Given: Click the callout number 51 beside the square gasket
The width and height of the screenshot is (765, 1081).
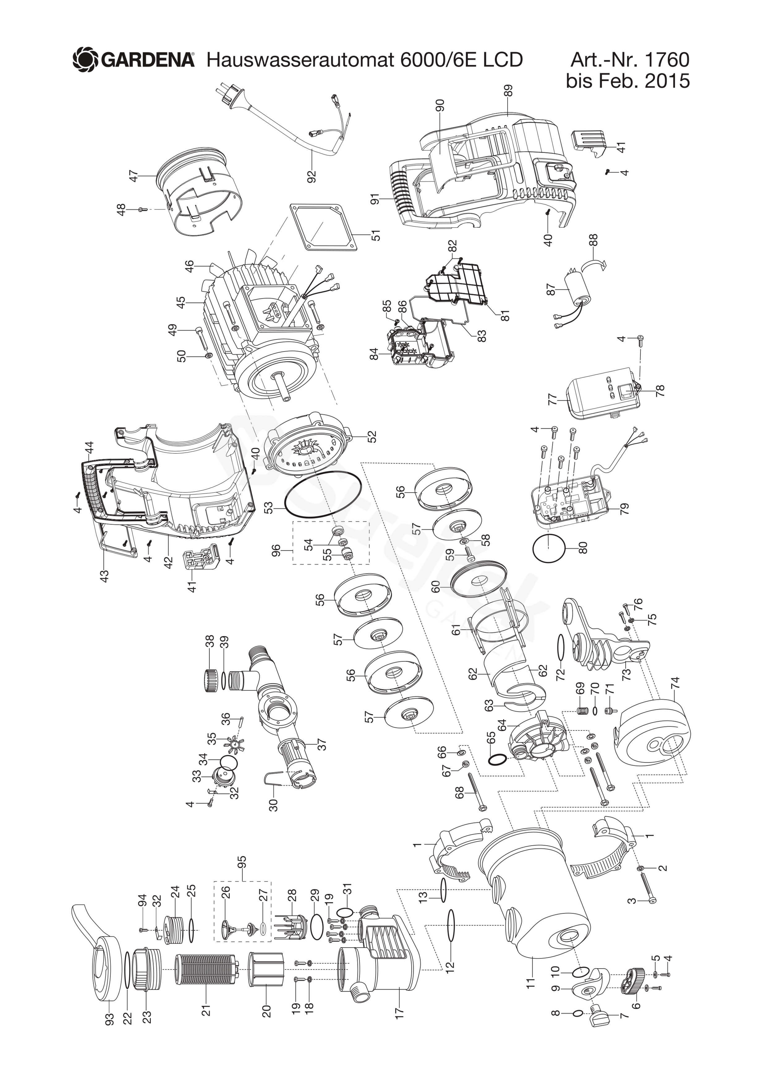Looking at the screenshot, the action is click(x=376, y=234).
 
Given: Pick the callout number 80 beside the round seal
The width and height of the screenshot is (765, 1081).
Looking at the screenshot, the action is click(x=583, y=548).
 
